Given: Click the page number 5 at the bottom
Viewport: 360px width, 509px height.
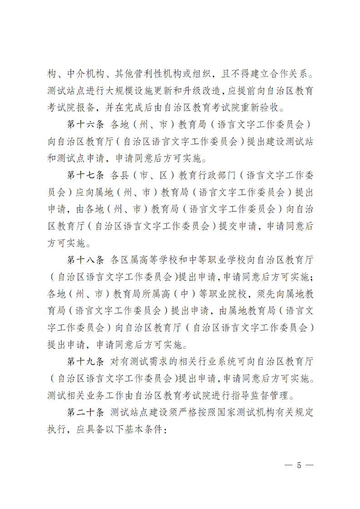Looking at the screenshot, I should (298, 466).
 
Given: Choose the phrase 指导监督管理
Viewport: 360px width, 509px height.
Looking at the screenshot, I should (259, 395).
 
